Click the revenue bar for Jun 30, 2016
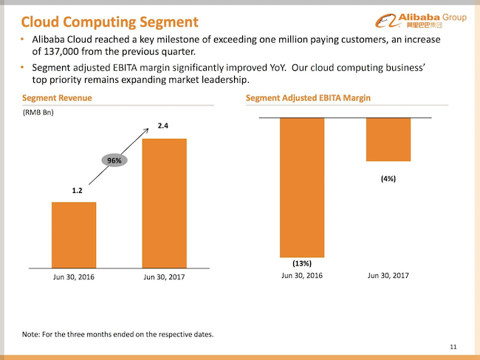[x=74, y=234]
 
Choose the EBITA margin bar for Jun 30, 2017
[x=388, y=140]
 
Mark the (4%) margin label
[x=388, y=178]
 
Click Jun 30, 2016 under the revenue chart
[x=74, y=276]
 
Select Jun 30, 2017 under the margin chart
[x=388, y=275]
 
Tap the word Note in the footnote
[x=32, y=334]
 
